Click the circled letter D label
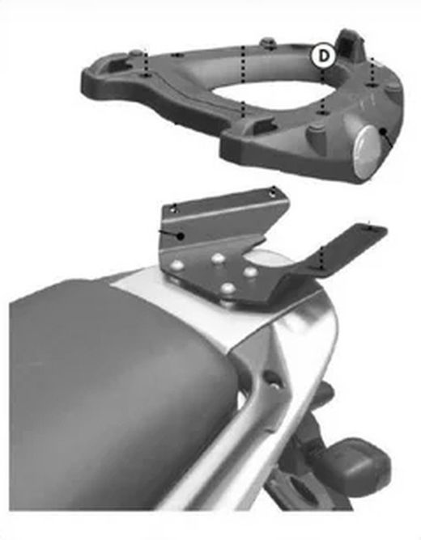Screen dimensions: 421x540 323,56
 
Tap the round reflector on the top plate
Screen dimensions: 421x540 369,152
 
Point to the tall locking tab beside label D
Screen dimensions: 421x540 351,44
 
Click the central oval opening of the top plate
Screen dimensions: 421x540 272,93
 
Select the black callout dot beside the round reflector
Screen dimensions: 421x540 382,131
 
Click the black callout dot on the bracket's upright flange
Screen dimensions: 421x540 179,236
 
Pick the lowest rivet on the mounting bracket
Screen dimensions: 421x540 227,287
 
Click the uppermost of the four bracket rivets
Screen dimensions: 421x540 218,257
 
